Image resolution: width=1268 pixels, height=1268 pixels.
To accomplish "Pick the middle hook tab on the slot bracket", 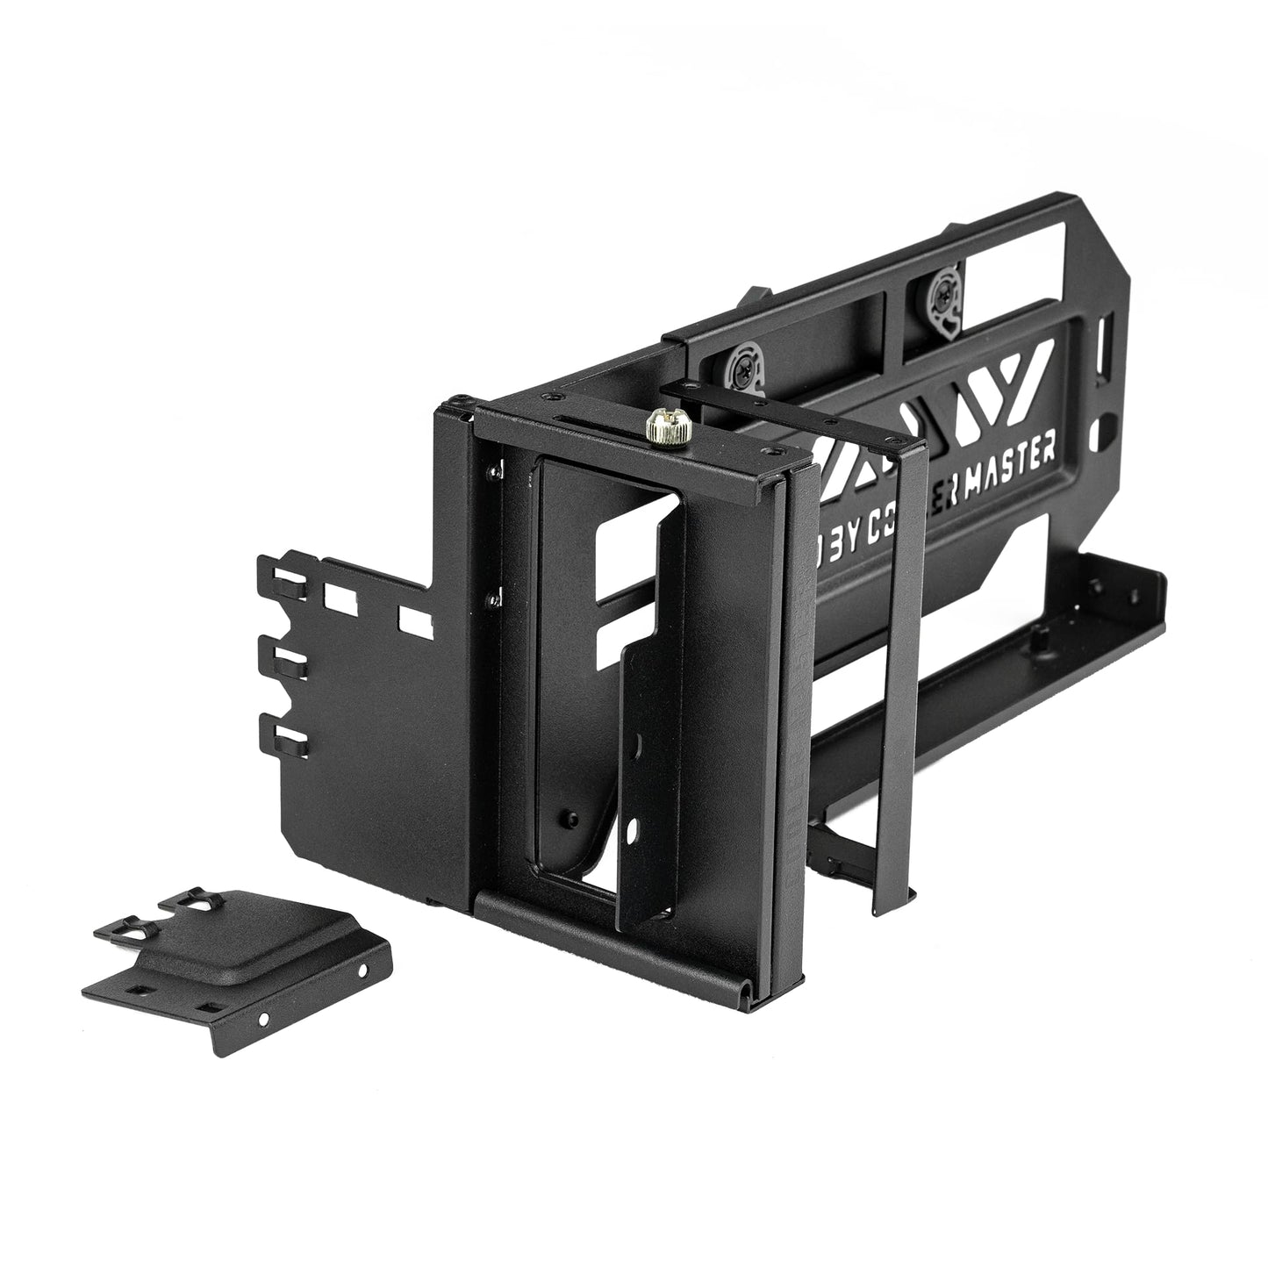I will (286, 658).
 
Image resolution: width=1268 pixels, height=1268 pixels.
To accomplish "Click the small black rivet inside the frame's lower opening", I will (570, 815).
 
